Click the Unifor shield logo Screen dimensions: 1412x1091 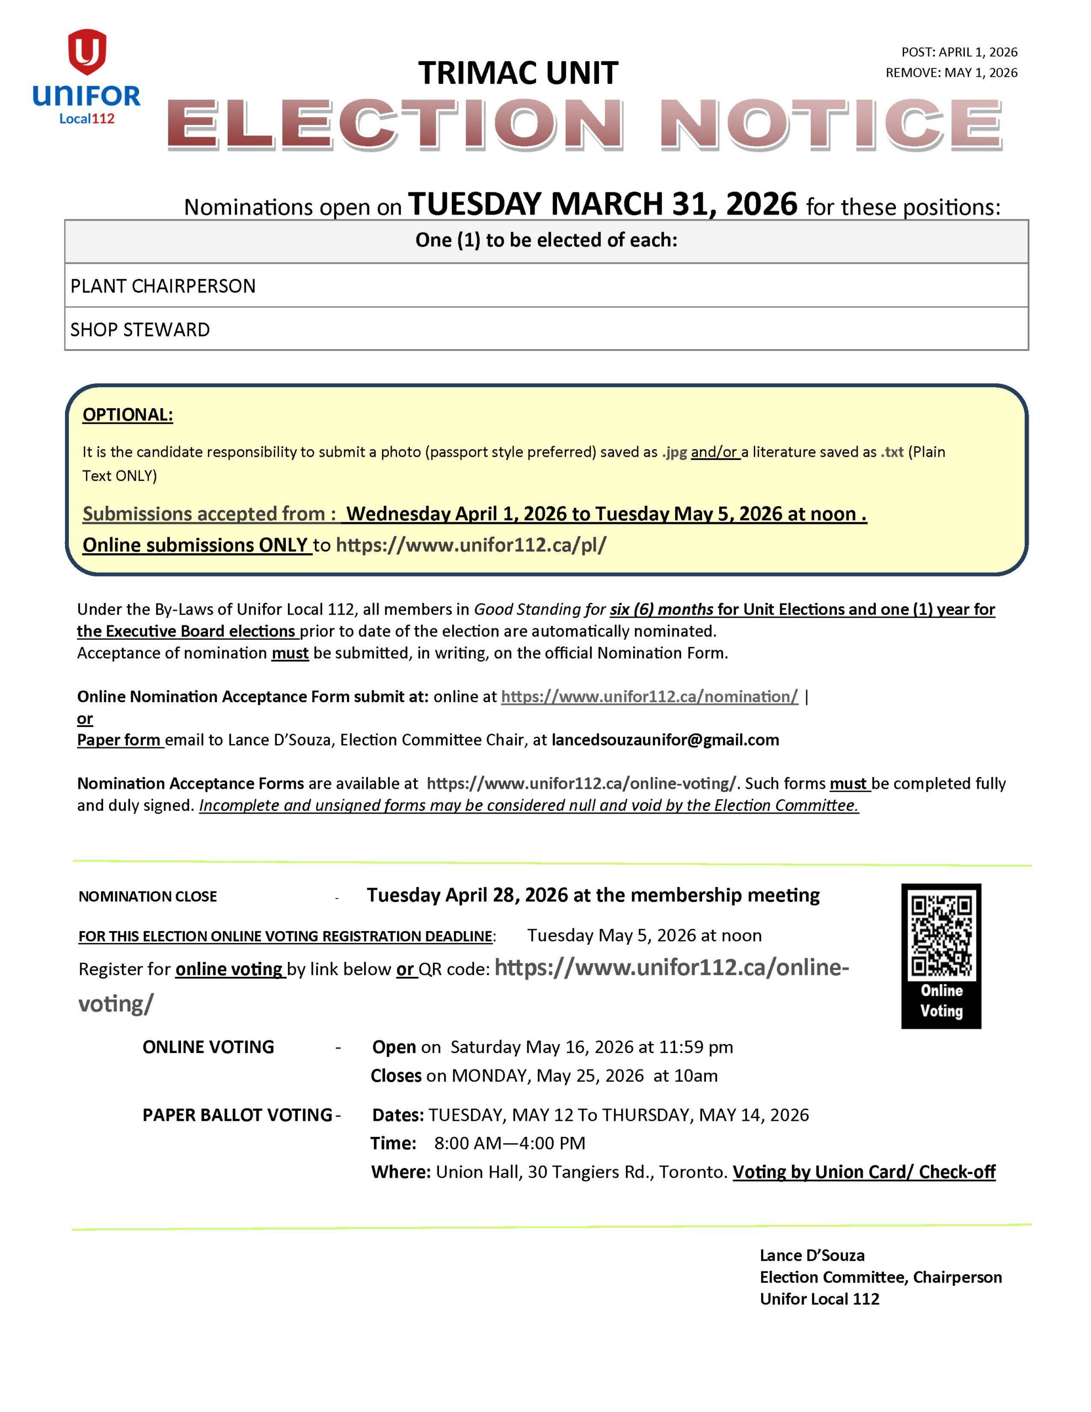point(87,51)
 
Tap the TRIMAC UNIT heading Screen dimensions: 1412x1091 point(517,72)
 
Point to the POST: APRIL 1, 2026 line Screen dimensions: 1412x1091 point(959,52)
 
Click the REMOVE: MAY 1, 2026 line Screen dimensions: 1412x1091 point(951,72)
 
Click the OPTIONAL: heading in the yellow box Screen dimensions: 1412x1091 point(127,414)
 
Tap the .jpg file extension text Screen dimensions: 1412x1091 point(674,452)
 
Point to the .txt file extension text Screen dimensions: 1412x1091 point(892,452)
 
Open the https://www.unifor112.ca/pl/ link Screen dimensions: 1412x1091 point(471,545)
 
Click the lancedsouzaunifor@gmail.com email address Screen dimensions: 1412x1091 point(665,740)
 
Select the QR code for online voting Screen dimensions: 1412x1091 point(941,935)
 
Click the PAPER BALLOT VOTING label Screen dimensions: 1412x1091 point(237,1115)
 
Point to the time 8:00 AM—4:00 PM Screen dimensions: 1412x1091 point(510,1143)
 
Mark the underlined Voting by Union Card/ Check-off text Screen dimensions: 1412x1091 point(863,1172)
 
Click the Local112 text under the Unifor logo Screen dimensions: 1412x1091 point(87,119)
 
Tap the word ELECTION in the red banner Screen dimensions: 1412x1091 point(394,124)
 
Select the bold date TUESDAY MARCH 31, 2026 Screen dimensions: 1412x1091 point(603,204)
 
